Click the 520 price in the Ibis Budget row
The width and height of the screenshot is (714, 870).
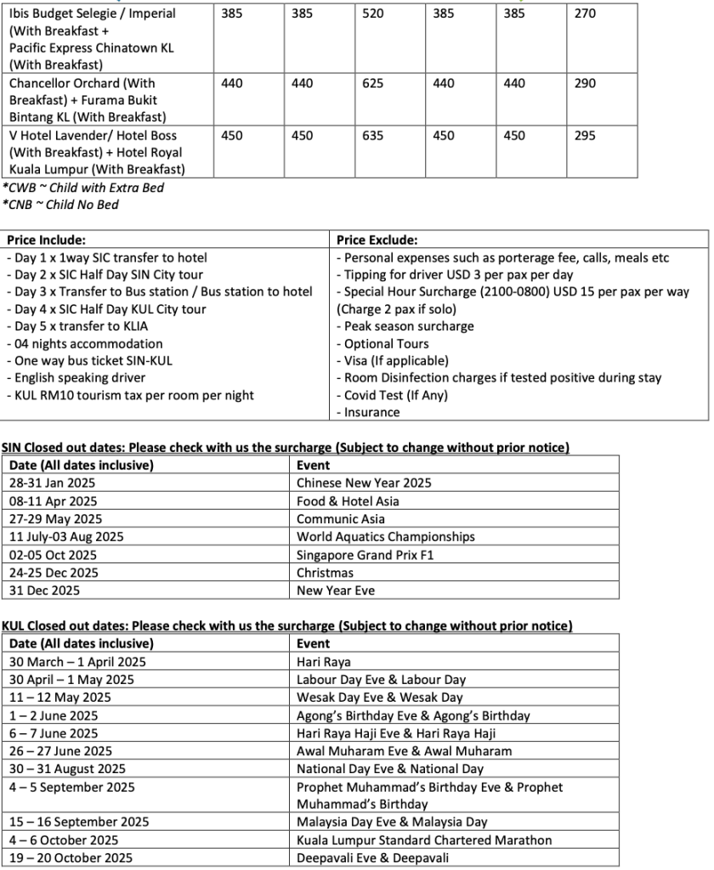click(x=372, y=14)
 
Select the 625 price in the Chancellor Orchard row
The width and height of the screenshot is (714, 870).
click(x=372, y=84)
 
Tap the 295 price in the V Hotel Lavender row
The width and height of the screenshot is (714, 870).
click(x=586, y=136)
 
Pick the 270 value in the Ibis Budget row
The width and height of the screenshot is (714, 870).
click(x=586, y=14)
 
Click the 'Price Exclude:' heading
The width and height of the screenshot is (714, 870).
click(x=377, y=240)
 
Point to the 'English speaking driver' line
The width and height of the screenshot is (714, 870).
click(x=76, y=378)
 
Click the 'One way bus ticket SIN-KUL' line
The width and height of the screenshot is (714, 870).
click(x=88, y=361)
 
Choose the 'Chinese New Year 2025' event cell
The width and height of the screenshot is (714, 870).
click(x=364, y=483)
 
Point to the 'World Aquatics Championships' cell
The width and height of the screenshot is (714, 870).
click(x=385, y=537)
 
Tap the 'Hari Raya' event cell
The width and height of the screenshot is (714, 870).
click(x=324, y=662)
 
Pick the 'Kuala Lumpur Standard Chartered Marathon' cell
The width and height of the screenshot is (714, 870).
click(x=424, y=840)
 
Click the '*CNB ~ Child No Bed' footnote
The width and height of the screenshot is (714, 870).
click(x=60, y=205)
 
